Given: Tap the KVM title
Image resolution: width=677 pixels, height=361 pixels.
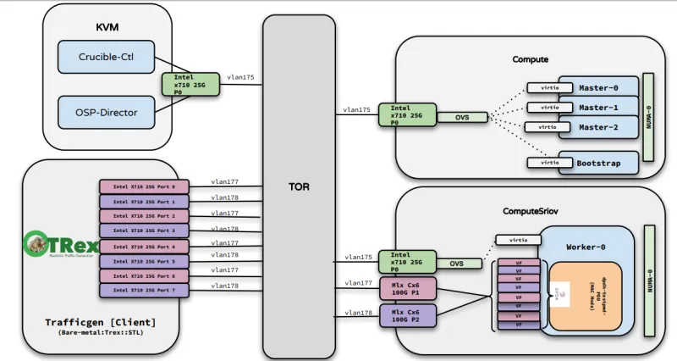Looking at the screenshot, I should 107,27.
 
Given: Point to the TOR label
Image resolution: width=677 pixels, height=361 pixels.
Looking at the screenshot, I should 299,186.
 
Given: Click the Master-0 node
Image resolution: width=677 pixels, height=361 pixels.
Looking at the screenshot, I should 598,87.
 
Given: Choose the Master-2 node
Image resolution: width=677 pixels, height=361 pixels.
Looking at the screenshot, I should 598,127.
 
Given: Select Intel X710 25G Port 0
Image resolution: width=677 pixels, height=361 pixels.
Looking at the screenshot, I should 145,186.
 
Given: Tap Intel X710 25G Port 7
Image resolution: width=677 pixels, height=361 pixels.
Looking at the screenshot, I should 145,291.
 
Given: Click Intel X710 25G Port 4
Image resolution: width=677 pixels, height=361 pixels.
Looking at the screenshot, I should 145,246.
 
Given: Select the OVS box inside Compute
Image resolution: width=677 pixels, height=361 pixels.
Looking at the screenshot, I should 462,117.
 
